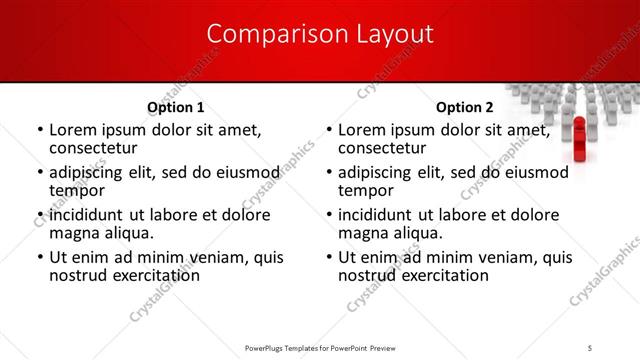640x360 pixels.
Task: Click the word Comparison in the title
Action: [x=266, y=33]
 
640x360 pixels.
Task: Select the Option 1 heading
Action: [x=176, y=107]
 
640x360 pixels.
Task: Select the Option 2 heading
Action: [x=465, y=107]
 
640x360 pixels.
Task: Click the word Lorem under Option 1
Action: [x=75, y=129]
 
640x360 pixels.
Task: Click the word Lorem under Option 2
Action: [x=364, y=129]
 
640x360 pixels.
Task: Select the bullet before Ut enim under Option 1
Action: [x=39, y=256]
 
